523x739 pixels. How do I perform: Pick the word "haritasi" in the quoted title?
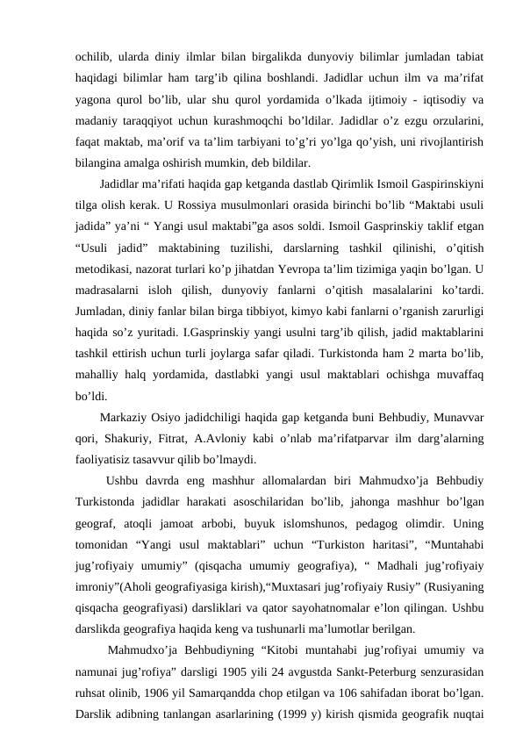[355, 532]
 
